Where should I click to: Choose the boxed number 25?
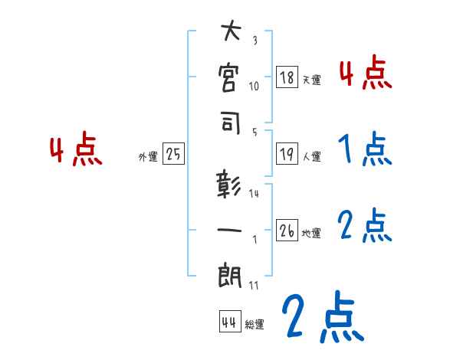coord(172,155)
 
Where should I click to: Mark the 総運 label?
coord(255,325)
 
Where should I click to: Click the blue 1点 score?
coord(363,149)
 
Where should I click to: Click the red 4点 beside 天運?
coord(365,73)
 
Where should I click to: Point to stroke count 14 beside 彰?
coord(254,194)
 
